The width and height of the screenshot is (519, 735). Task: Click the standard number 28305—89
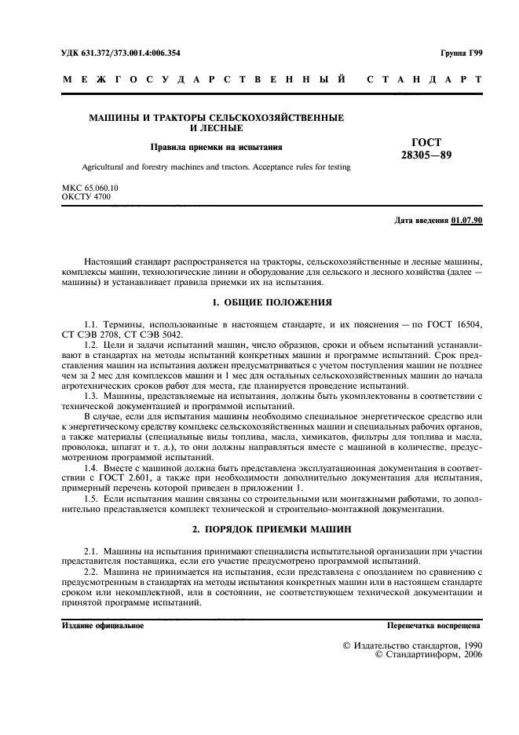pyautogui.click(x=426, y=155)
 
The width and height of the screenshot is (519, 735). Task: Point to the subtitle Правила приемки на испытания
pyautogui.click(x=217, y=147)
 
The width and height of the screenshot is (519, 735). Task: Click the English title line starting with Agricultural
pyautogui.click(x=216, y=167)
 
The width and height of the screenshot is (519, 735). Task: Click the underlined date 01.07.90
pyautogui.click(x=467, y=220)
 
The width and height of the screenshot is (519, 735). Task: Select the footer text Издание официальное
pyautogui.click(x=103, y=627)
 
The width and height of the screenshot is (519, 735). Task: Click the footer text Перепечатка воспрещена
pyautogui.click(x=434, y=627)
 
